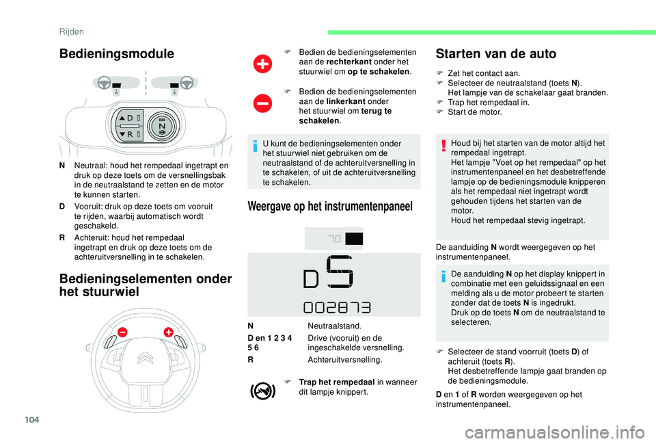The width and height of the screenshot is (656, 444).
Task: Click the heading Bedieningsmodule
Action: click(116, 53)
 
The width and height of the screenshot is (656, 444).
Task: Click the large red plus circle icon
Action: click(262, 64)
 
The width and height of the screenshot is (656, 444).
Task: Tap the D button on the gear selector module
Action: click(129, 118)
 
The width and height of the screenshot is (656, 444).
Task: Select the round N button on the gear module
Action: click(162, 126)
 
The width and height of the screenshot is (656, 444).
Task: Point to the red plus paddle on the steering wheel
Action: click(168, 332)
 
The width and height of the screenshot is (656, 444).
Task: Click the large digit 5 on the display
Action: click(340, 272)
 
